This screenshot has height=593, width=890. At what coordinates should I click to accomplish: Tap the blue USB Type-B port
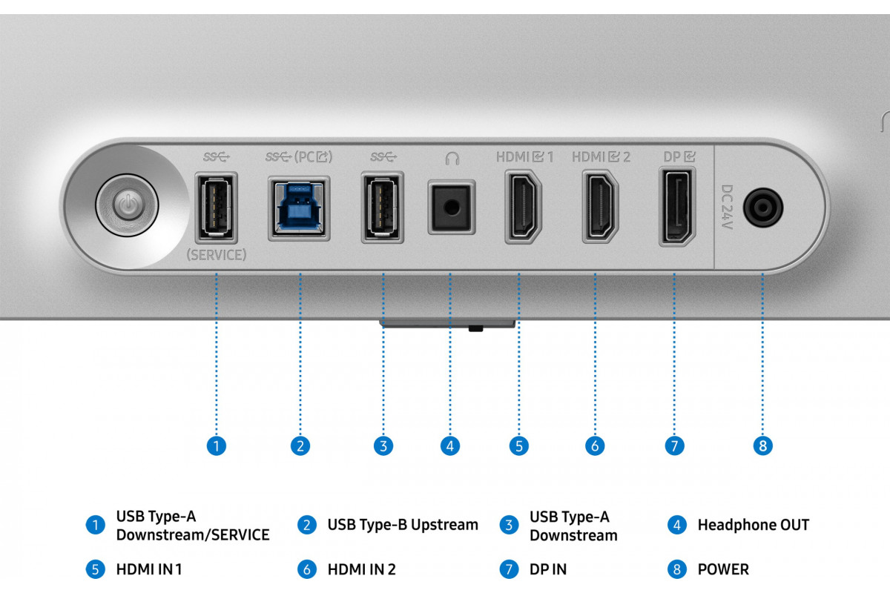click(299, 208)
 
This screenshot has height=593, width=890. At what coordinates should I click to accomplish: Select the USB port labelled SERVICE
click(216, 208)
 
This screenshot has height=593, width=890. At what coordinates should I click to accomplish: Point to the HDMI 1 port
click(523, 208)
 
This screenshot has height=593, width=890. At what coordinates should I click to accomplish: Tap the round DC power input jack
click(763, 207)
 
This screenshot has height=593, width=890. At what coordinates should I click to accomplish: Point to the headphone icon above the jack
click(451, 158)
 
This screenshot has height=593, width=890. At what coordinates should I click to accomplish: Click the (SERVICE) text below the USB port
click(216, 255)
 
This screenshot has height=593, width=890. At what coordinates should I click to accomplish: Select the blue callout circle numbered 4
click(449, 445)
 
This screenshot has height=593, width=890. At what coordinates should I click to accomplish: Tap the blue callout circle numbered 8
click(762, 445)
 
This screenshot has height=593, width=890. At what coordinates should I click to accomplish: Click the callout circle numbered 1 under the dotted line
click(216, 445)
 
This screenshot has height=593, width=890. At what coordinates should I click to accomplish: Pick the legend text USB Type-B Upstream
click(403, 525)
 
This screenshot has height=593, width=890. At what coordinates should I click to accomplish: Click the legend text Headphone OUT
click(753, 525)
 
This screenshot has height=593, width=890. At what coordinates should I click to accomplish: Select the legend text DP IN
click(547, 569)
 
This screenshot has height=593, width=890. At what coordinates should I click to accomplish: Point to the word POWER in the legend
click(723, 569)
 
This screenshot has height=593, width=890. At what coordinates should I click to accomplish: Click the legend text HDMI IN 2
click(361, 569)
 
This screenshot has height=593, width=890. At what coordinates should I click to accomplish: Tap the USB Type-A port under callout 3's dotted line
click(383, 208)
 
